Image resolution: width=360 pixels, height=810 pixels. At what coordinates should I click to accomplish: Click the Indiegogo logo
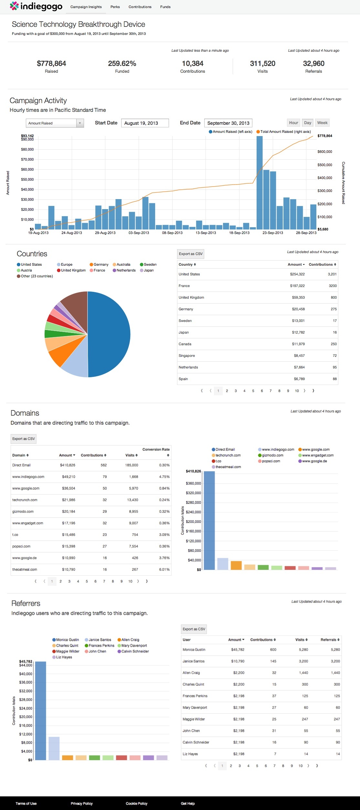36,6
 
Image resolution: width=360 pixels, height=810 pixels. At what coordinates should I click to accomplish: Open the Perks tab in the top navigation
115,7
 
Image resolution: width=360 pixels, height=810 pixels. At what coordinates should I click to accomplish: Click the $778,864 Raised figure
51,64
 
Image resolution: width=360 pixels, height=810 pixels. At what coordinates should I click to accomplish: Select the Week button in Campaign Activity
322,123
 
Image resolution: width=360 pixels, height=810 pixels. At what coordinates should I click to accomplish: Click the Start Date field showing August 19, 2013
145,123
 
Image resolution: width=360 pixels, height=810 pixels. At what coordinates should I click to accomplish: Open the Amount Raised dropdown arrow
80,123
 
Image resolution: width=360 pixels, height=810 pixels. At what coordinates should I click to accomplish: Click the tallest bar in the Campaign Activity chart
259,181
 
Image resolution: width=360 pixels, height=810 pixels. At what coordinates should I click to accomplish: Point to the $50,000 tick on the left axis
27,179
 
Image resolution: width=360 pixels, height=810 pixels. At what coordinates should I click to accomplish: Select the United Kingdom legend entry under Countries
73,271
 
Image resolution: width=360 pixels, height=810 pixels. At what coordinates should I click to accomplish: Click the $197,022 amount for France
297,286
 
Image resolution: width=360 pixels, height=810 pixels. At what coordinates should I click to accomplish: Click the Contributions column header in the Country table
322,264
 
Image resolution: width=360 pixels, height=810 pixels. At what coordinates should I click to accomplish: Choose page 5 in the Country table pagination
253,391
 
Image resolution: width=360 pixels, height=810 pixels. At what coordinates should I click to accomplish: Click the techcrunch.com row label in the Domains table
25,500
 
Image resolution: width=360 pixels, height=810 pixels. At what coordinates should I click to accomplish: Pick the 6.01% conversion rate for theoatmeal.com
164,570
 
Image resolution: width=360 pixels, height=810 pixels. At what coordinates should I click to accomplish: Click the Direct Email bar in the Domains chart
209,520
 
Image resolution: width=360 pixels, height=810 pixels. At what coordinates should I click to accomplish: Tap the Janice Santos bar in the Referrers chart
54,748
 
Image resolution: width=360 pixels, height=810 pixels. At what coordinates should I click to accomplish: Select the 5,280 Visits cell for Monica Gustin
303,649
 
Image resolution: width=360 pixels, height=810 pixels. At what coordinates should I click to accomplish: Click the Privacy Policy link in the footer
82,804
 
